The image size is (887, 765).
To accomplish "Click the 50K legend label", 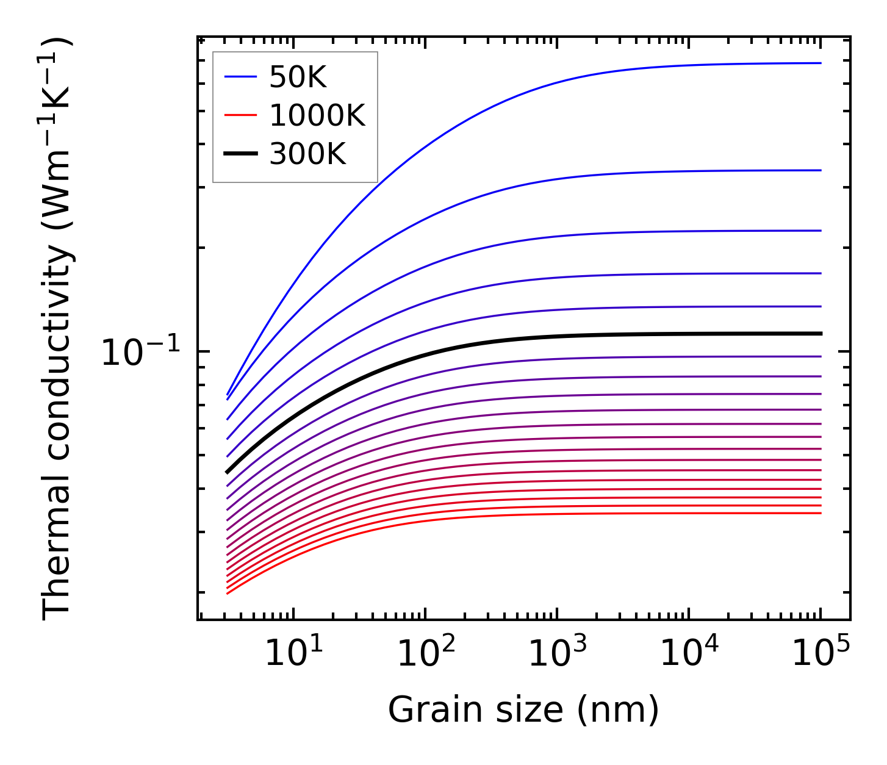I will pos(298,77).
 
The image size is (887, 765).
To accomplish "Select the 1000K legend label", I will pos(317,116).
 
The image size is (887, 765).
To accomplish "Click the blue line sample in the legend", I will pos(242,77).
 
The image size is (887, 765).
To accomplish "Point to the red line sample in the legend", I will pos(242,115).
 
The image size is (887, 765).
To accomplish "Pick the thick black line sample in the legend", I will pos(242,154).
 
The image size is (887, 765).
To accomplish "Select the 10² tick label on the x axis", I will pos(425,653).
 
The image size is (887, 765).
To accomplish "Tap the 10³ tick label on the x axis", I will pos(557,653).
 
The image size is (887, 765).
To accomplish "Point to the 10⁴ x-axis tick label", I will pos(689,653).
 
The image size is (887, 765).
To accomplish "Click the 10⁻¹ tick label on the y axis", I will pos(141,353).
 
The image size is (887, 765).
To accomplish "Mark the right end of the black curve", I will pos(821,334).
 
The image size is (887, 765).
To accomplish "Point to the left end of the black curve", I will pos(228,472).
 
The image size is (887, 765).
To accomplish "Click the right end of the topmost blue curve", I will pos(821,63).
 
